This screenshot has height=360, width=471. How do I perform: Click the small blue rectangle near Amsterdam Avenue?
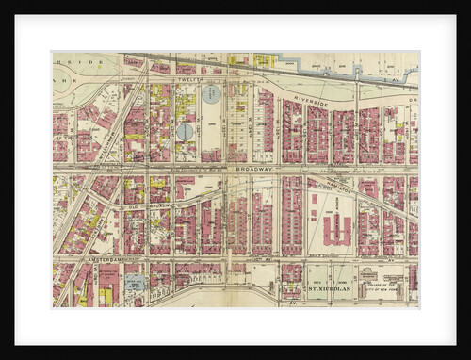click(136, 282)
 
